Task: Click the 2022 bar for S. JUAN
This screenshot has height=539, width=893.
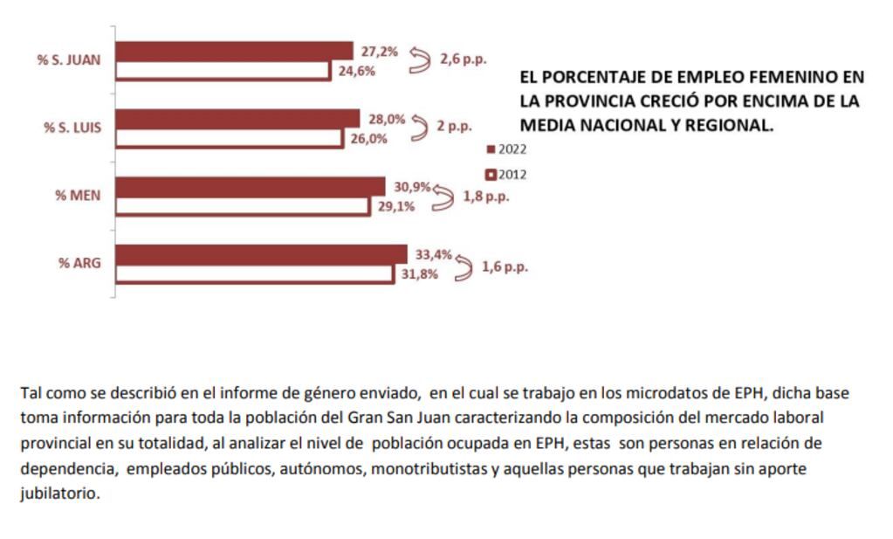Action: (234, 51)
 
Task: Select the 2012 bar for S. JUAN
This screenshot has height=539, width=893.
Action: (223, 71)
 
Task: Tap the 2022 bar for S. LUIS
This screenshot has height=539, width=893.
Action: (237, 119)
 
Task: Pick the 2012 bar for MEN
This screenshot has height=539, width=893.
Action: (242, 206)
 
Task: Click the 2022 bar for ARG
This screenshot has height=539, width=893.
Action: (261, 254)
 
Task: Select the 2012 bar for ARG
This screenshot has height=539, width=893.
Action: (254, 273)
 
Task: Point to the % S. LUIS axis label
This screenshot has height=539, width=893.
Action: (72, 128)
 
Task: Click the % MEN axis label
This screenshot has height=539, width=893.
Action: (78, 195)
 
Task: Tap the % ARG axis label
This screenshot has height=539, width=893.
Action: (79, 262)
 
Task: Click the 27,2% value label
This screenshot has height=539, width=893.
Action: (379, 52)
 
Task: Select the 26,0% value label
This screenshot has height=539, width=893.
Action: (369, 138)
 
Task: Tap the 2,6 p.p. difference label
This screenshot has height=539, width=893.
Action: (463, 60)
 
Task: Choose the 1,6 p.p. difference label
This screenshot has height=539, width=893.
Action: (505, 266)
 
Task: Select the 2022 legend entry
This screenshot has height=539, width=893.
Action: (507, 149)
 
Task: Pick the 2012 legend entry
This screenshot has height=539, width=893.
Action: (507, 175)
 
